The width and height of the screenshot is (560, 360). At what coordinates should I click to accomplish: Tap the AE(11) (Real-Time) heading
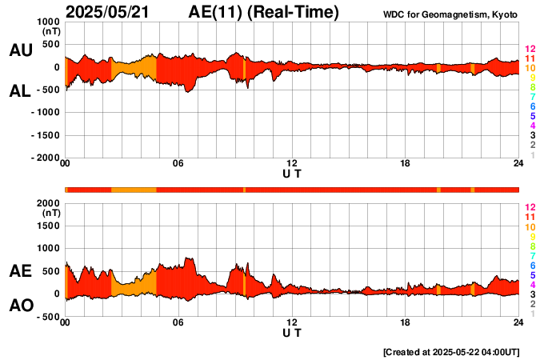pos(264,12)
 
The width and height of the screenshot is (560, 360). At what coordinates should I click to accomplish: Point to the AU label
pos(20,50)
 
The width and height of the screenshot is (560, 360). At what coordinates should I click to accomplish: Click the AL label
pos(20,91)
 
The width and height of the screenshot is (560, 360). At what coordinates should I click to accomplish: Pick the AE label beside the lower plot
pos(20,271)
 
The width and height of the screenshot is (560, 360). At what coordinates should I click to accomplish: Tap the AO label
pos(20,306)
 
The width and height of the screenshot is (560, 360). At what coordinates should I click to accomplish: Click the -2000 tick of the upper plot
pos(44,158)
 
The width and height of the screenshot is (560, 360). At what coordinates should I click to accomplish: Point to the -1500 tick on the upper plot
pos(44,136)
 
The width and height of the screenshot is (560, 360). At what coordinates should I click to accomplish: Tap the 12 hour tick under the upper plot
pos(292,164)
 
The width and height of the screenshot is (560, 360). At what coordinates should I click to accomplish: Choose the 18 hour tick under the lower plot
pos(406,322)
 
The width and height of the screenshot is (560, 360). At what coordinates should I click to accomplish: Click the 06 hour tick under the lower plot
pos(178,322)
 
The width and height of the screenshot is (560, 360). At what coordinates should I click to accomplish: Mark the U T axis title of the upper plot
pos(292,174)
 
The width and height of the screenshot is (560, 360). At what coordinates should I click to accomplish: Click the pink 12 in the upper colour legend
pos(530,49)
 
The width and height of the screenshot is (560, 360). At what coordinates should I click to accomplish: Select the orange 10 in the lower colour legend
pos(530,227)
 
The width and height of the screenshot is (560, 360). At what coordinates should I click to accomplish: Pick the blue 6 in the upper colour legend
pos(530,106)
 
